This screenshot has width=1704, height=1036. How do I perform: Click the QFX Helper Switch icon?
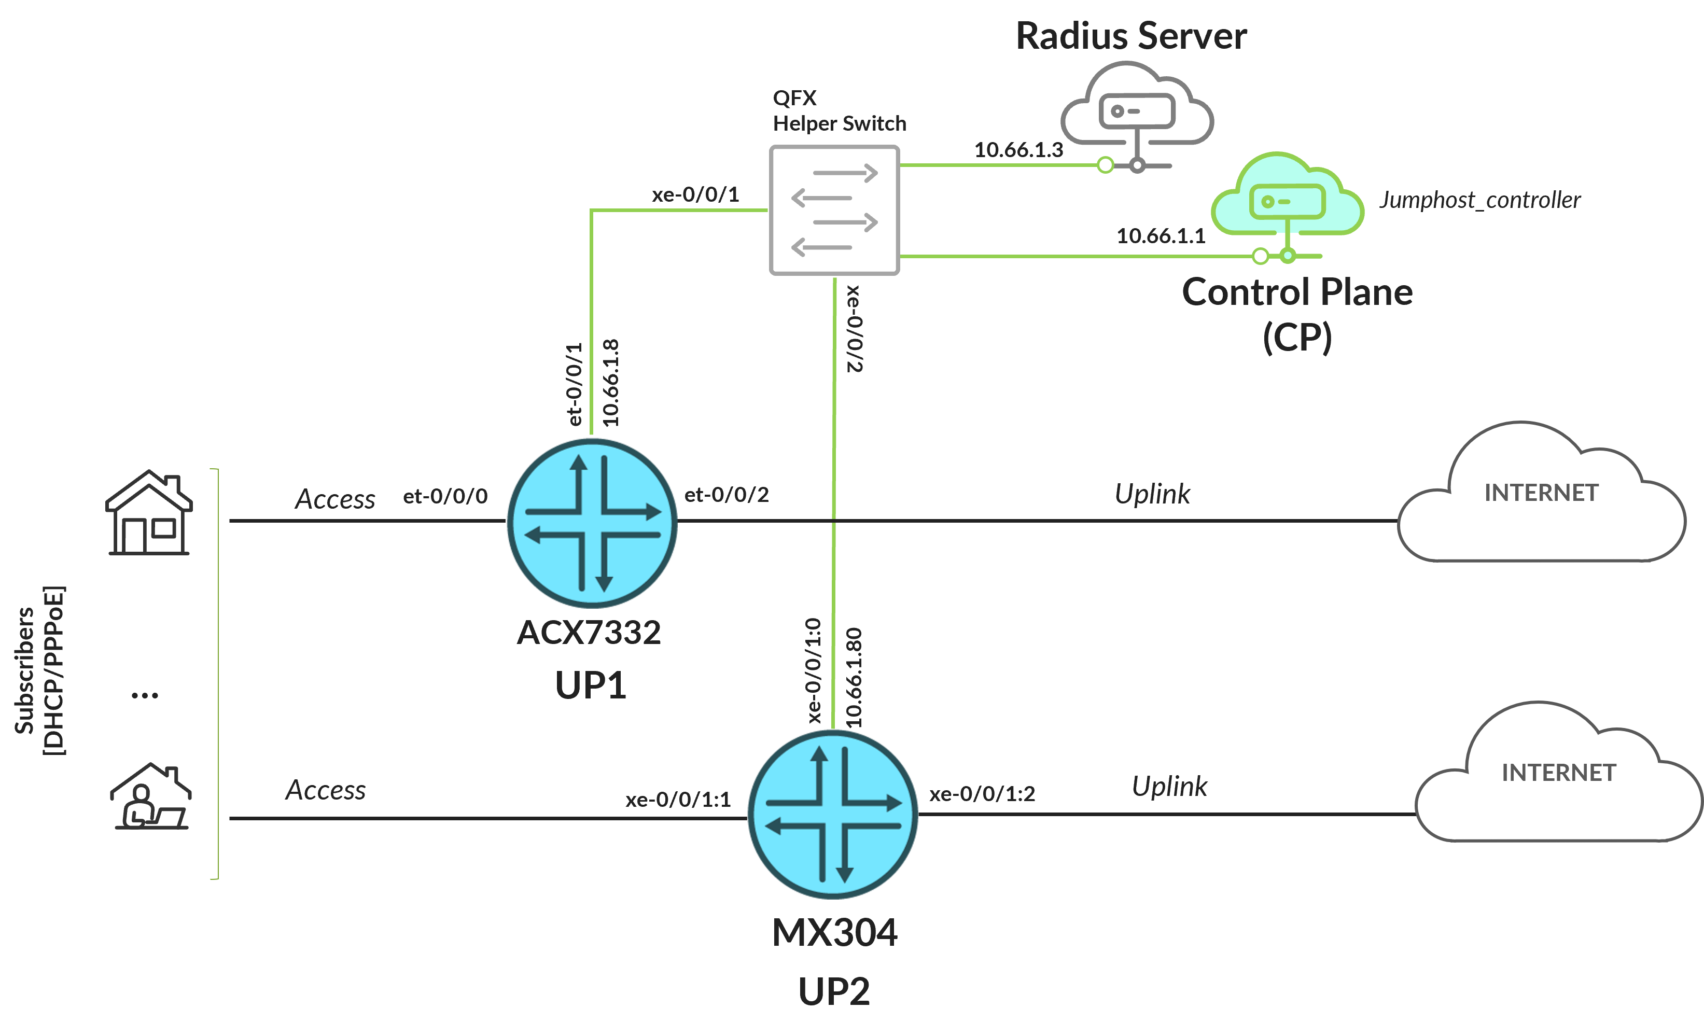coord(834,210)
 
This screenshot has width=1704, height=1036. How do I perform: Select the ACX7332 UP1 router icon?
coord(592,523)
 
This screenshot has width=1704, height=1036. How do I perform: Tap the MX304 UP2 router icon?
coord(833,814)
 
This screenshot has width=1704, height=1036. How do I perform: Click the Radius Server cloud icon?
coord(1137,107)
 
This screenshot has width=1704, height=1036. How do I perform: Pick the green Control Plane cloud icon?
coord(1287,197)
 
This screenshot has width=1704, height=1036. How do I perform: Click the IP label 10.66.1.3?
coord(1018,150)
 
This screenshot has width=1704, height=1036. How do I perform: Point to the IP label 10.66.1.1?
coord(1161,236)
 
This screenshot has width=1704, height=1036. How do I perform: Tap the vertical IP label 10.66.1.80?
coord(854,677)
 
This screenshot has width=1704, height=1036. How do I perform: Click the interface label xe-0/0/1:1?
coord(678,800)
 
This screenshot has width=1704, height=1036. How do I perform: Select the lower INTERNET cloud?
coord(1558,778)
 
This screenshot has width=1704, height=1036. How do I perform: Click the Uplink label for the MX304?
coord(1169,787)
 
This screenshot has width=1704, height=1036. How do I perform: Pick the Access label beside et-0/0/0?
coord(336,499)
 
